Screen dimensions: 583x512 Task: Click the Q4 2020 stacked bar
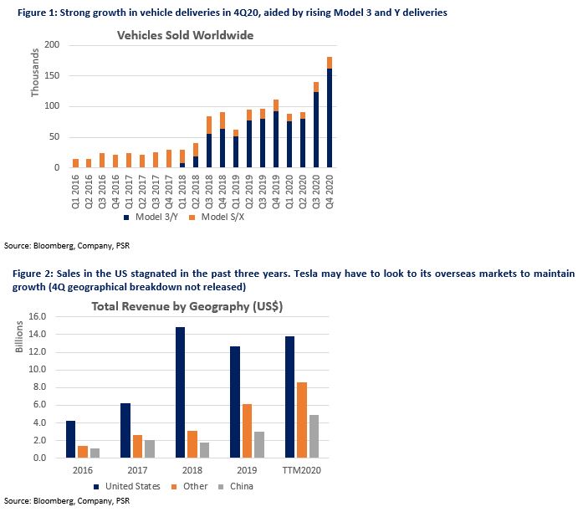tap(330, 112)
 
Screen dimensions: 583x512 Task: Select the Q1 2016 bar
tap(75, 163)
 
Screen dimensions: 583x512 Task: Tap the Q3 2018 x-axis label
tap(209, 192)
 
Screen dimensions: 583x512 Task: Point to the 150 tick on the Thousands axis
tap(52, 75)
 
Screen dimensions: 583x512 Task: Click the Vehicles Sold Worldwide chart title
tap(185, 35)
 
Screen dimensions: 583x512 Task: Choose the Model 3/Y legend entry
tap(151, 217)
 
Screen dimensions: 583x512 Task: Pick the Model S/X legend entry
tap(217, 217)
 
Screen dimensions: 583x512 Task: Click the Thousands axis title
tap(34, 73)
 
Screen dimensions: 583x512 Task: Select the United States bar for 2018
tap(180, 392)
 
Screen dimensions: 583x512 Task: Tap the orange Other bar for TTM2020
tap(302, 420)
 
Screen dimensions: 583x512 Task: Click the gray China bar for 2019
tap(259, 445)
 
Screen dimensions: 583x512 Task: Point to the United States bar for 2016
tap(70, 439)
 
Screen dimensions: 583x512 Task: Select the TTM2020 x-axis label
tap(302, 470)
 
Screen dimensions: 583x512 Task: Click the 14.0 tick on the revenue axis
tap(37, 334)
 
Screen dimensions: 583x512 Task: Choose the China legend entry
tap(236, 486)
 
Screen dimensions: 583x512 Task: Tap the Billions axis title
tap(19, 337)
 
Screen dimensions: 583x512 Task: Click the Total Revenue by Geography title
tap(187, 306)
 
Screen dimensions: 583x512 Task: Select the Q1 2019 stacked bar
tap(236, 149)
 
